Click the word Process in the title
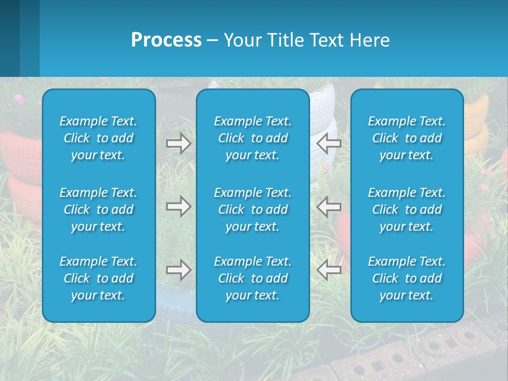click(x=166, y=40)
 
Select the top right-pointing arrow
click(x=178, y=143)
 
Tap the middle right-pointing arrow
click(x=178, y=206)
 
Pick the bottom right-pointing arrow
click(x=178, y=270)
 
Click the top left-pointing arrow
click(x=329, y=143)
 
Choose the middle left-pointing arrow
click(x=329, y=206)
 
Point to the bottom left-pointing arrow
click(x=329, y=270)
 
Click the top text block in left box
click(x=98, y=138)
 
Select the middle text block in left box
click(x=98, y=210)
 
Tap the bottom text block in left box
click(x=98, y=278)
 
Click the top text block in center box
click(x=253, y=138)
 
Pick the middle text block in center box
click(x=253, y=210)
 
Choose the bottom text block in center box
click(x=253, y=278)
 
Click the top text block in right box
click(x=407, y=138)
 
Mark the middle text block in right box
click(x=407, y=210)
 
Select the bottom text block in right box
click(x=407, y=278)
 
